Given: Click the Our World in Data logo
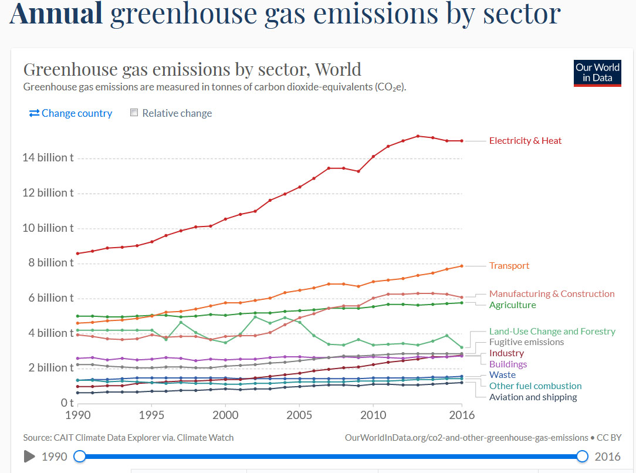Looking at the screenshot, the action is pyautogui.click(x=597, y=73).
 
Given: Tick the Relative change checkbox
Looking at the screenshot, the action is pyautogui.click(x=134, y=112).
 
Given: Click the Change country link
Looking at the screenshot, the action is pyautogui.click(x=70, y=113).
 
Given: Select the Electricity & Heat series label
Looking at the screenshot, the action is pyautogui.click(x=525, y=141).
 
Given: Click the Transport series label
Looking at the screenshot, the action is pyautogui.click(x=509, y=266).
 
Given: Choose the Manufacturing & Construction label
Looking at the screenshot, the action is pyautogui.click(x=552, y=293).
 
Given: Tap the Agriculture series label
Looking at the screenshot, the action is pyautogui.click(x=512, y=305).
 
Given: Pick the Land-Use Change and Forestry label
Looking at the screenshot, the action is pyautogui.click(x=552, y=332).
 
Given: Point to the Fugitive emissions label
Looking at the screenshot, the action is pyautogui.click(x=526, y=342).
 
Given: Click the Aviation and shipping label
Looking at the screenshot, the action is pyautogui.click(x=533, y=397).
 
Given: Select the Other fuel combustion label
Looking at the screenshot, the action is pyautogui.click(x=535, y=386).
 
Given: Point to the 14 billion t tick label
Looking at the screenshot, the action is pyautogui.click(x=48, y=157).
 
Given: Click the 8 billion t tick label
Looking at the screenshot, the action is pyautogui.click(x=50, y=263).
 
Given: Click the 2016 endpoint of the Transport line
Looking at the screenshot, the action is pyautogui.click(x=462, y=266).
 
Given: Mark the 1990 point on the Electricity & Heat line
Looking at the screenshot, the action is pyautogui.click(x=78, y=254).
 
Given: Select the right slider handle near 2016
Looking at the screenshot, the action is pyautogui.click(x=582, y=457).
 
